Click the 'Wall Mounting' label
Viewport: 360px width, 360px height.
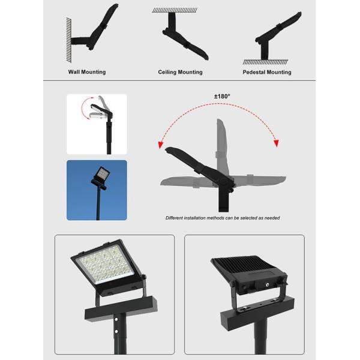coord(86,72)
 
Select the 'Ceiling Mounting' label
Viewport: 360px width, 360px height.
coord(180,72)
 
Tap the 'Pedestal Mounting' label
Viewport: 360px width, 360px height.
coord(267,72)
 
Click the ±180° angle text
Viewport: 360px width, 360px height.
coord(222,96)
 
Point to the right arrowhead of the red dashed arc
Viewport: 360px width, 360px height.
coord(276,143)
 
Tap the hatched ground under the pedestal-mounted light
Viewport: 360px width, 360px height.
coord(267,62)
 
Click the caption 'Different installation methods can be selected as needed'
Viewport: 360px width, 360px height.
coord(222,218)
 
